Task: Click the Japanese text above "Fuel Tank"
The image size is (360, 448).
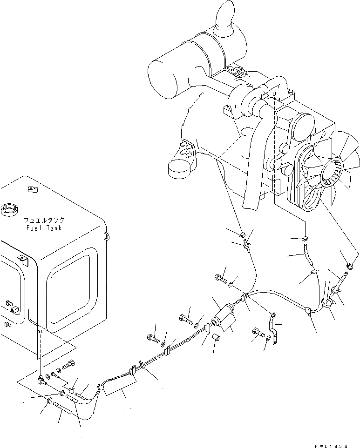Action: [45, 221]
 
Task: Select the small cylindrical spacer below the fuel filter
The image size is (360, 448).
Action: [216, 337]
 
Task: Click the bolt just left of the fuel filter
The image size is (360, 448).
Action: [185, 320]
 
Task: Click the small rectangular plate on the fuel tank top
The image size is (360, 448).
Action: [33, 189]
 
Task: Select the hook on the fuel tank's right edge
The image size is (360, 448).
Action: [106, 236]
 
